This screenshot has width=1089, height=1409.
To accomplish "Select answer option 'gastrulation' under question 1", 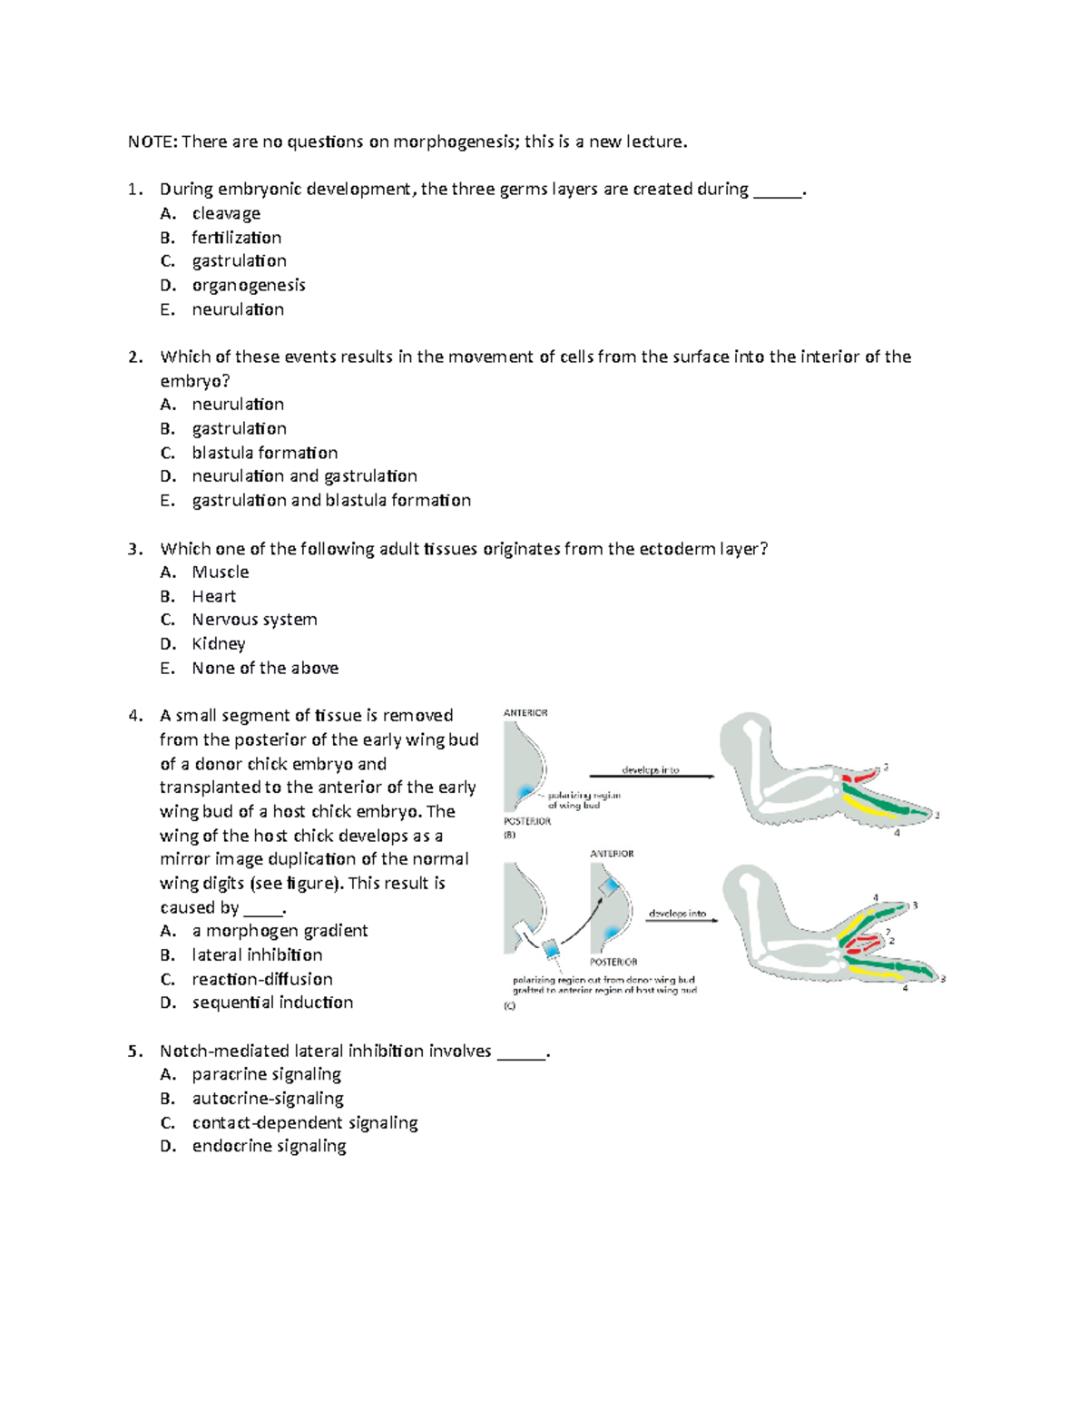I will pyautogui.click(x=239, y=261).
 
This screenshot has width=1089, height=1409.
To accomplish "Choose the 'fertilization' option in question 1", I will pyautogui.click(x=236, y=238).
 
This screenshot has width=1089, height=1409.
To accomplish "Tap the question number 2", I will pyautogui.click(x=135, y=357).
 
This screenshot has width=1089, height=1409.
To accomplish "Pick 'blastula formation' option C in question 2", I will pyautogui.click(x=264, y=453).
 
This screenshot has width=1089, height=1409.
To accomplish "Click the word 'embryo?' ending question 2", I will pyautogui.click(x=189, y=381).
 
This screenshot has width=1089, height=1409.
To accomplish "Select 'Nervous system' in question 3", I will pyautogui.click(x=254, y=620).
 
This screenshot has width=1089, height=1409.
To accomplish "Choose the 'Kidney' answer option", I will pyautogui.click(x=218, y=644).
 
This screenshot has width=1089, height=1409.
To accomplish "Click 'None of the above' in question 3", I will pyautogui.click(x=265, y=668).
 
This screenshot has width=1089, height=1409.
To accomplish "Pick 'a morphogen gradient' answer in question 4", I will pyautogui.click(x=280, y=931).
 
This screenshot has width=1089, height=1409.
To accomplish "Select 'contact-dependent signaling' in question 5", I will pyautogui.click(x=304, y=1122).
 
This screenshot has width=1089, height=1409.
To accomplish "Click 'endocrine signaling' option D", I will pyautogui.click(x=269, y=1146).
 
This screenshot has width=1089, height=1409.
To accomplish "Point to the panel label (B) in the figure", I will pyautogui.click(x=509, y=836).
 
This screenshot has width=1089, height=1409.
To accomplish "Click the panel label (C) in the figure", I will pyautogui.click(x=509, y=1006).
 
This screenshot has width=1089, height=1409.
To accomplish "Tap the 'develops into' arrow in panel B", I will pyautogui.click(x=651, y=775).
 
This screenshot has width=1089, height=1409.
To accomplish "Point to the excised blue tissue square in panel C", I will pyautogui.click(x=551, y=949).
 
